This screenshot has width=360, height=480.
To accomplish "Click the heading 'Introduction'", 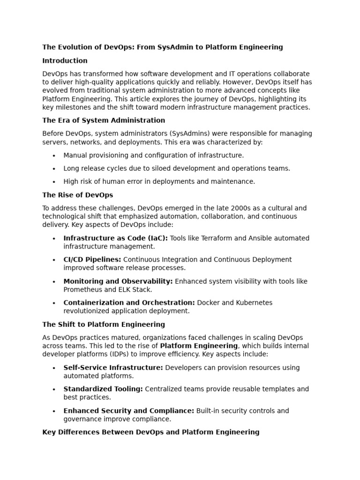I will coord(65,60).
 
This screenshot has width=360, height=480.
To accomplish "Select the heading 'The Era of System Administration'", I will coord(104,120).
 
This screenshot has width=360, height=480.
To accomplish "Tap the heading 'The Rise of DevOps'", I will coord(77,195).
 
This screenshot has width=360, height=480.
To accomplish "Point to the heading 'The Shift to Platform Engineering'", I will coord(104,324).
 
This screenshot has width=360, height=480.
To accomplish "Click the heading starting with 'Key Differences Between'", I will coord(150,432).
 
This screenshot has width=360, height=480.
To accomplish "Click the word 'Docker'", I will coord(208,303).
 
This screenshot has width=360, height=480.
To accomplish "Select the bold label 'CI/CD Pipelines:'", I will coord(92,260).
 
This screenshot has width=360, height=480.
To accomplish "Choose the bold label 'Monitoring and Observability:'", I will coord(118,281).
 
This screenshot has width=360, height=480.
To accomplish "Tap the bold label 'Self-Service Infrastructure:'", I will coord(113,367).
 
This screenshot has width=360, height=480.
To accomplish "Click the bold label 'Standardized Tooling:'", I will coord(103,389).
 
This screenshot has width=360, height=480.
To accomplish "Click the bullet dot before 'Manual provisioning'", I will coord(54,156).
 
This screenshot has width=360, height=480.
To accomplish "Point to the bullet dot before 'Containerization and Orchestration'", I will coord(54,303).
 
